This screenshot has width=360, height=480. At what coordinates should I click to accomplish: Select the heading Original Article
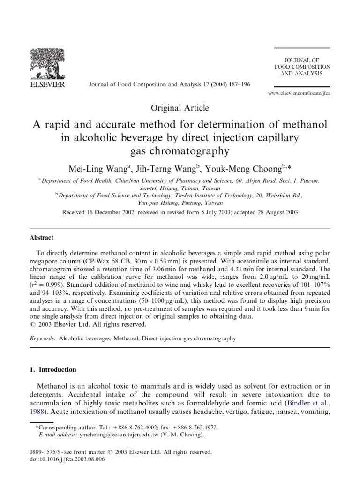[x=180, y=108]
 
